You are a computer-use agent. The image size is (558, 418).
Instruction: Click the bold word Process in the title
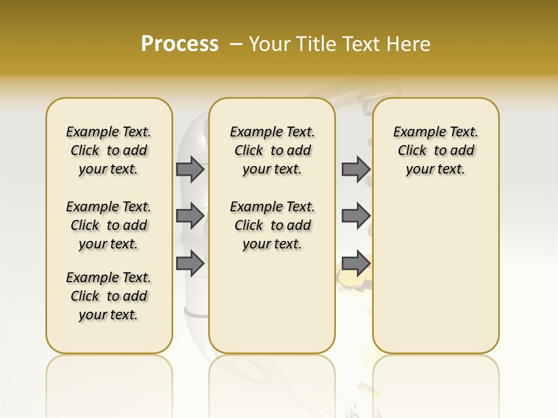tap(180, 44)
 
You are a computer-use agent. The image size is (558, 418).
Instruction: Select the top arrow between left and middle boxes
tap(189, 169)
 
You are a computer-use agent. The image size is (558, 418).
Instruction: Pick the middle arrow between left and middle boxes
tap(189, 216)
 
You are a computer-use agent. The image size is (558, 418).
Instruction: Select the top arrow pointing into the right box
tap(356, 169)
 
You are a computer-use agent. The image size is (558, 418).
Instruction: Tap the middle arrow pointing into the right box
tap(356, 216)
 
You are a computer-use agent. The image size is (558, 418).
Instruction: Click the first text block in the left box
tap(109, 150)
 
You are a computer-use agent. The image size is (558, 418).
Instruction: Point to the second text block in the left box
tap(109, 225)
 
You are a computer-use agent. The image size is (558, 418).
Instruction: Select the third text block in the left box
tap(109, 296)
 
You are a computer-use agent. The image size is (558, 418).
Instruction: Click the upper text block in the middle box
tap(272, 150)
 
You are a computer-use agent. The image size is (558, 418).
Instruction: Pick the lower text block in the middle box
tap(272, 225)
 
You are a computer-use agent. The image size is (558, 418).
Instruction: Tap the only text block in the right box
tap(435, 150)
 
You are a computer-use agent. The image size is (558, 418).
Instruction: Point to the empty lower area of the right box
tap(435, 273)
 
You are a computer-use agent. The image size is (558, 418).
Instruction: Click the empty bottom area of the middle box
tap(272, 308)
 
